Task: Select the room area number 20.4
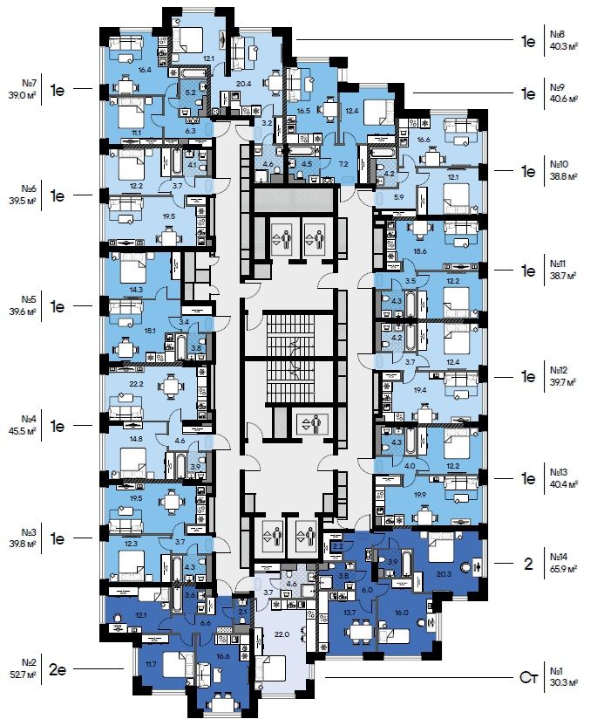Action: [244, 84]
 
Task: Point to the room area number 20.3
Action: [443, 574]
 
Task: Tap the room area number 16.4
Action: [145, 69]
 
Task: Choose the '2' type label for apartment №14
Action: [527, 563]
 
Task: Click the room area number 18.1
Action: [150, 331]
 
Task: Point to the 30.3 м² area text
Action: [561, 682]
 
